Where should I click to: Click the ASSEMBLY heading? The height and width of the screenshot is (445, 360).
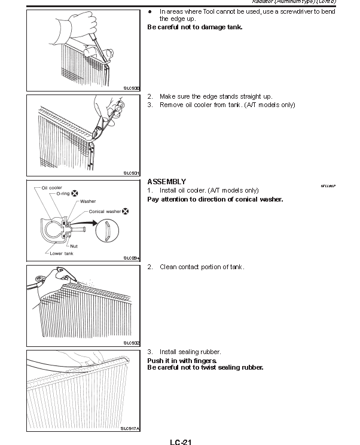166,182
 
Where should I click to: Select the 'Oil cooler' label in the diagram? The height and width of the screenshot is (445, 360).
51,188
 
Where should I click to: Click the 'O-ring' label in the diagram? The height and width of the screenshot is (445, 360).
63,194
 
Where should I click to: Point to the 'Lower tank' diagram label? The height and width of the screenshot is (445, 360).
61,253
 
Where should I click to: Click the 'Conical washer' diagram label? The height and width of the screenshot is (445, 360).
105,211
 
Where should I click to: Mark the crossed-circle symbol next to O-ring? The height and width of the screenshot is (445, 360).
75,194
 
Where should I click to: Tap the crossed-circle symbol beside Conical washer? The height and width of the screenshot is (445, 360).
126,211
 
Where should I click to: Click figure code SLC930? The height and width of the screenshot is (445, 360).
132,88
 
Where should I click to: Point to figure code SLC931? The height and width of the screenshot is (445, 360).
132,173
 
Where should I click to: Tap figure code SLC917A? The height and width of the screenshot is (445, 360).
130,428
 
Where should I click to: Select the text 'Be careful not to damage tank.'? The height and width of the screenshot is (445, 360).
195,27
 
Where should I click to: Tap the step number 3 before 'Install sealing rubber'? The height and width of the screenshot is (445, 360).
150,352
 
